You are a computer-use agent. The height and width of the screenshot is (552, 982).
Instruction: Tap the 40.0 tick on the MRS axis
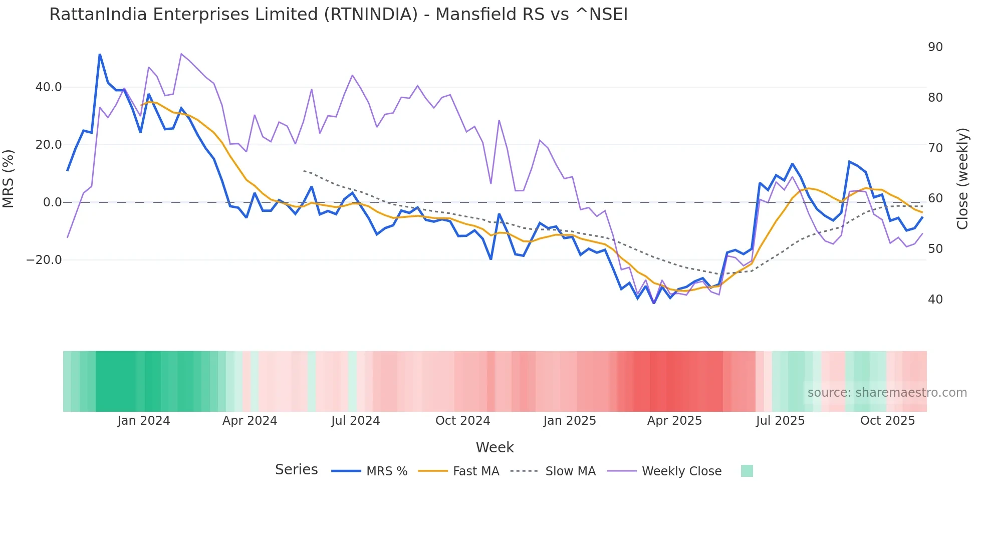click(x=49, y=87)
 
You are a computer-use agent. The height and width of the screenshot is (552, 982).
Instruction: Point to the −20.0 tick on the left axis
click(x=44, y=260)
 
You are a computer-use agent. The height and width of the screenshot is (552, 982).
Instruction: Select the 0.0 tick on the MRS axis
click(x=53, y=202)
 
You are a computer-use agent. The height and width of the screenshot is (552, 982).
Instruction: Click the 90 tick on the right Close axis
click(x=935, y=47)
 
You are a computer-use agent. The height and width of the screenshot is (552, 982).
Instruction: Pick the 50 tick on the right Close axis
click(x=935, y=249)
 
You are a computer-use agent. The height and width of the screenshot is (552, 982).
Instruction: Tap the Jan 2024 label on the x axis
click(x=144, y=421)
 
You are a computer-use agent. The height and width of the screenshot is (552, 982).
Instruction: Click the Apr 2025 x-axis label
click(x=674, y=421)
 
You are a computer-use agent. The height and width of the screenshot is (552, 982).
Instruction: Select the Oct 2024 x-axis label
click(x=462, y=421)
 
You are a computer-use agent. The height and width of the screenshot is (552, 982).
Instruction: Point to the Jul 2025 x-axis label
click(x=780, y=421)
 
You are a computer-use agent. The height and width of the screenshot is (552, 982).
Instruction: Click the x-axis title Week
click(x=495, y=447)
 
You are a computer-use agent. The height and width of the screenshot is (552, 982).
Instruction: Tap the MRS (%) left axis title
click(x=9, y=178)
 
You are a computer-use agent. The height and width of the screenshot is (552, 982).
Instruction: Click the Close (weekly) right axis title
click(x=962, y=179)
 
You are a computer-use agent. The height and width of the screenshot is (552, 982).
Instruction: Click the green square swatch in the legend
click(x=747, y=471)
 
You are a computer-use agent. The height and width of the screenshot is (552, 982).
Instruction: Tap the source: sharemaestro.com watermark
click(x=887, y=393)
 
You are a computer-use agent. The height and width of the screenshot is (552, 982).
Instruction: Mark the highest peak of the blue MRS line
click(x=100, y=54)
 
